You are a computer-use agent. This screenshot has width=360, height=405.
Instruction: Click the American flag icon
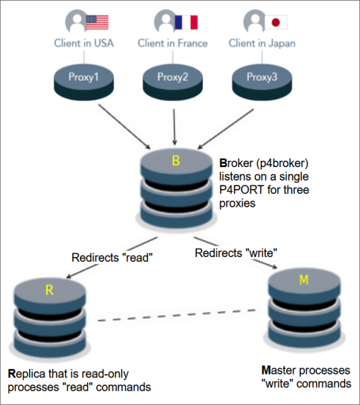pos(97,22)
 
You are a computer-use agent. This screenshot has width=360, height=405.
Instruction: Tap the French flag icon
pos(186,22)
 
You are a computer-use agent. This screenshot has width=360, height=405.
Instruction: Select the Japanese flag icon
pos(276,22)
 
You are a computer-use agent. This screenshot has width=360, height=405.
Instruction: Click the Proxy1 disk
pos(84,82)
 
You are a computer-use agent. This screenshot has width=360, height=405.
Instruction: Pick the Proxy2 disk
pos(173,82)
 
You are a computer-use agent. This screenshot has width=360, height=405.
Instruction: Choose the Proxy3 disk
pos(262,82)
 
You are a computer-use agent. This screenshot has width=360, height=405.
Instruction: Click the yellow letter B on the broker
pos(176,161)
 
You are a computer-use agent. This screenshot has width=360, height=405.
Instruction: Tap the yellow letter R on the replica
pos(50,290)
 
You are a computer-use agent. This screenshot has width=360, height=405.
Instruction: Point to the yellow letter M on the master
pos(304,280)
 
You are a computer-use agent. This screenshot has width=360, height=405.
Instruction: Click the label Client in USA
pos(84,43)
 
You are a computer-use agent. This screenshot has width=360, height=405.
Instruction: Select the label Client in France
pos(173,43)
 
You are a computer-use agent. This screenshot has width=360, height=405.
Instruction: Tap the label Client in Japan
pos(262,44)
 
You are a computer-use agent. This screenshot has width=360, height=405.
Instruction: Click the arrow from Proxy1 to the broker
pos(124,127)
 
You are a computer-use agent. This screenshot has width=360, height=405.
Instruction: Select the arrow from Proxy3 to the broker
pos(225,129)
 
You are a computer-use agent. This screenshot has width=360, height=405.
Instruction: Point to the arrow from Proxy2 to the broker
pos(174,127)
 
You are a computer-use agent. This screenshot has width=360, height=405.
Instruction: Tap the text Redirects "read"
pos(112,258)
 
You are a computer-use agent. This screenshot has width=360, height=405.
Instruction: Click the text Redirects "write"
pos(236,253)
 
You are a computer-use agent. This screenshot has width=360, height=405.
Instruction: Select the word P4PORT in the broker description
pos(242,190)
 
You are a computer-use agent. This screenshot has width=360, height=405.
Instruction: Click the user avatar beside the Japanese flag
pos(254,21)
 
